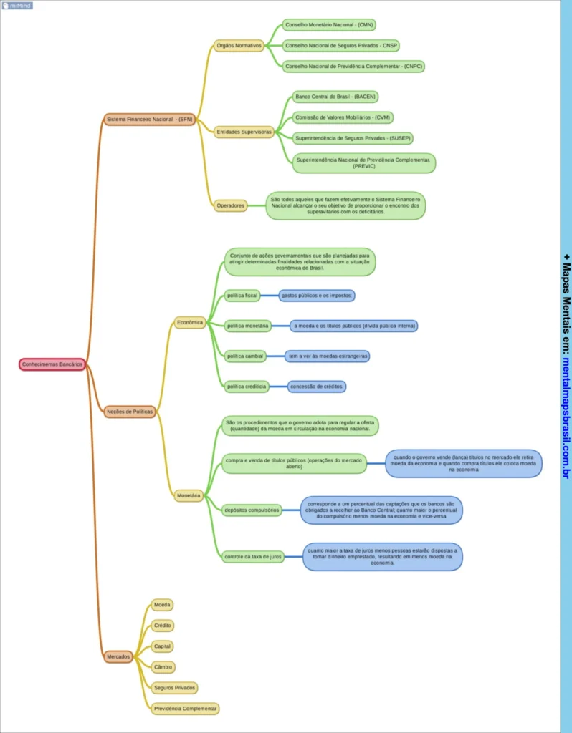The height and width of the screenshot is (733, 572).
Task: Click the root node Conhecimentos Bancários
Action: pyautogui.click(x=52, y=364)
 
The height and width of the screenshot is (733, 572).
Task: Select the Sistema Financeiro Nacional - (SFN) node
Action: pyautogui.click(x=149, y=119)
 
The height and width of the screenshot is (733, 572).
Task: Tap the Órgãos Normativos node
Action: pyautogui.click(x=239, y=45)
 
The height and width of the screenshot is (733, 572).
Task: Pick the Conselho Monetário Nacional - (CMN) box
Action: pyautogui.click(x=329, y=25)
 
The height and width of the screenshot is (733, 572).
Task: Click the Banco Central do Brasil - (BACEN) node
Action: pyautogui.click(x=335, y=97)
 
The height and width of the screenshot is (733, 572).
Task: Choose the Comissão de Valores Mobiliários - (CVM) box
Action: pyautogui.click(x=343, y=117)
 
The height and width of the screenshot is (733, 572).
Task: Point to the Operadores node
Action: pyautogui.click(x=231, y=205)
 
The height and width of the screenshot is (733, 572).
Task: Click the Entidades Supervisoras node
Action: pyautogui.click(x=244, y=132)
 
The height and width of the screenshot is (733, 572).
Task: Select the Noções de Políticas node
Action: pyautogui.click(x=130, y=412)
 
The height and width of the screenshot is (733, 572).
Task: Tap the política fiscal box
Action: pyautogui.click(x=242, y=295)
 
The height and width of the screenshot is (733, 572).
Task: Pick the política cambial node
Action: pyautogui.click(x=245, y=356)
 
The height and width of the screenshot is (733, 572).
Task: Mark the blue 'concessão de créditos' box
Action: pyautogui.click(x=318, y=387)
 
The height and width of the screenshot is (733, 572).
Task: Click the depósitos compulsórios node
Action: pyautogui.click(x=252, y=510)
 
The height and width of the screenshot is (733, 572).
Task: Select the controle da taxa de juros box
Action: pyautogui.click(x=252, y=556)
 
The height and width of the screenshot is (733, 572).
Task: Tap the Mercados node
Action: pyautogui.click(x=118, y=656)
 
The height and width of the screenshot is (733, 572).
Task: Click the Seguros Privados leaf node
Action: pyautogui.click(x=175, y=687)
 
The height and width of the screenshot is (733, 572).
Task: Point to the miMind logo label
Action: pyautogui.click(x=16, y=5)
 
